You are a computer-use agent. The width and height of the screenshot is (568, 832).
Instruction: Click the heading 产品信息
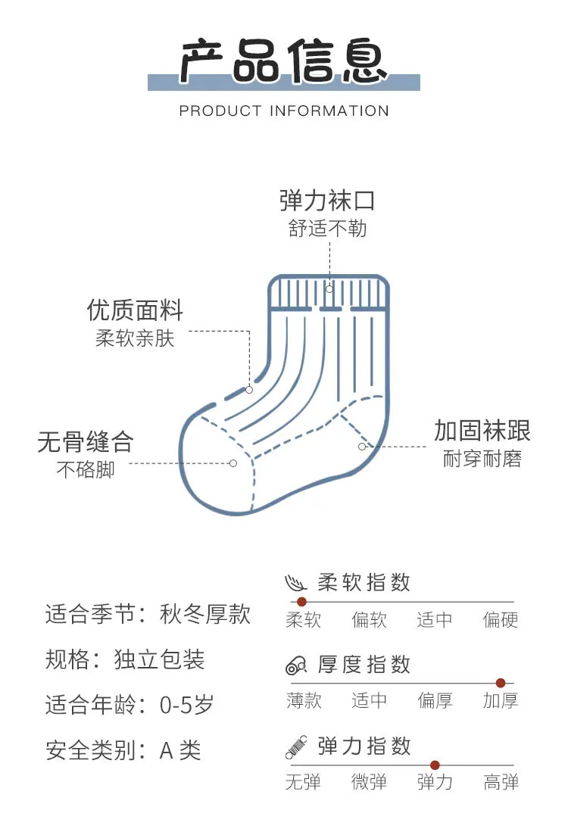tap(284, 61)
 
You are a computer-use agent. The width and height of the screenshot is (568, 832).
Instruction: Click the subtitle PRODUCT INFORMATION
tap(284, 111)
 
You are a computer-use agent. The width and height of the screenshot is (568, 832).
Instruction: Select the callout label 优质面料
tap(135, 310)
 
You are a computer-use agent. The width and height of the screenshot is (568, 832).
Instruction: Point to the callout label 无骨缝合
tap(86, 441)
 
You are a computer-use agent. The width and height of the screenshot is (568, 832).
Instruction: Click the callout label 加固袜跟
tap(482, 430)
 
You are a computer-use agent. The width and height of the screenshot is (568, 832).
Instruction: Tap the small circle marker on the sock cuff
tap(329, 289)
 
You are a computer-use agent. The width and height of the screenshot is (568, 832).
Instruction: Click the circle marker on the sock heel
tap(362, 447)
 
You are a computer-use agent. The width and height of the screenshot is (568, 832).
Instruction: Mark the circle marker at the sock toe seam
tap(233, 463)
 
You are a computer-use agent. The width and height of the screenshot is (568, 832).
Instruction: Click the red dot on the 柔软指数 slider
tap(301, 602)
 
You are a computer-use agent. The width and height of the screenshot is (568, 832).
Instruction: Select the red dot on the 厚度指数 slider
tap(500, 683)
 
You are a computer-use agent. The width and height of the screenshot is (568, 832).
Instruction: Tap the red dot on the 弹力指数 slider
tap(435, 765)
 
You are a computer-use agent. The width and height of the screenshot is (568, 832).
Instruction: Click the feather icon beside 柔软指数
tap(295, 583)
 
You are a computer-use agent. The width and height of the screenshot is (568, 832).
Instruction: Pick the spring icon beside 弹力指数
tap(296, 747)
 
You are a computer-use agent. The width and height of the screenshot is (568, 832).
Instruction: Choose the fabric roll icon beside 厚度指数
tap(296, 665)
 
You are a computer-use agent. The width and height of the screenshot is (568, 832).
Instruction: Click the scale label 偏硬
tap(500, 619)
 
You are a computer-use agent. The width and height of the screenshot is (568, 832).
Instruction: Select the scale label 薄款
tap(304, 700)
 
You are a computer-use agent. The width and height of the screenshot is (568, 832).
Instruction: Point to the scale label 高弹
tap(501, 782)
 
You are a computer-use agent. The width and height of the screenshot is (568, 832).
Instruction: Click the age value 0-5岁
tap(187, 705)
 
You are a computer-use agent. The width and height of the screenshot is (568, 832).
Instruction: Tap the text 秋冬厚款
tap(205, 614)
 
